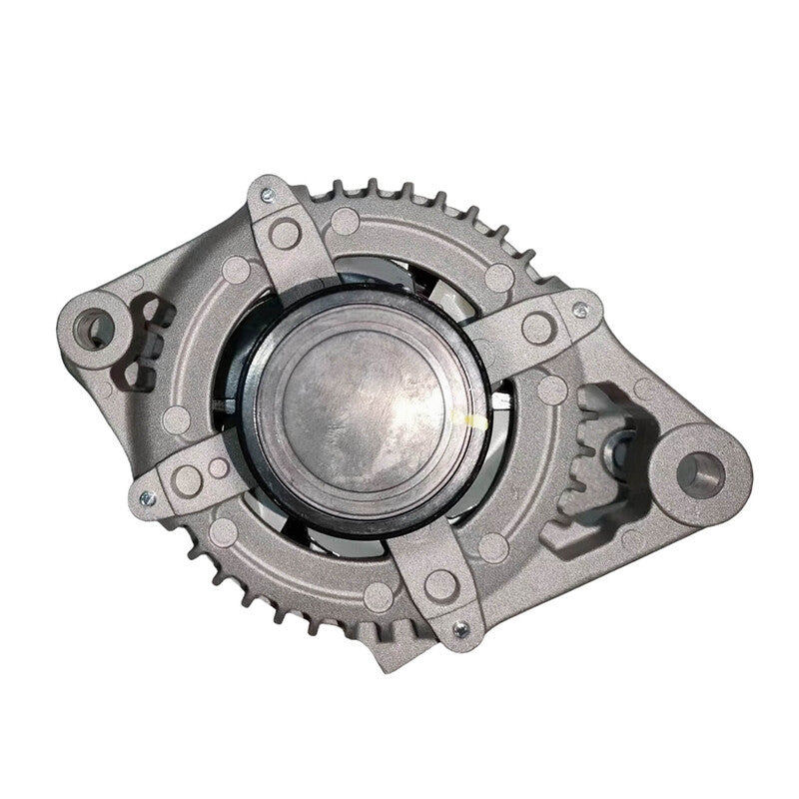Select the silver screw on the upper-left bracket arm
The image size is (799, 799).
267,197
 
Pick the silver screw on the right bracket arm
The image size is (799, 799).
580,309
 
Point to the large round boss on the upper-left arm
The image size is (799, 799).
285,235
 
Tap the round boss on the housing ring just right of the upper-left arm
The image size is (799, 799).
345,222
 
